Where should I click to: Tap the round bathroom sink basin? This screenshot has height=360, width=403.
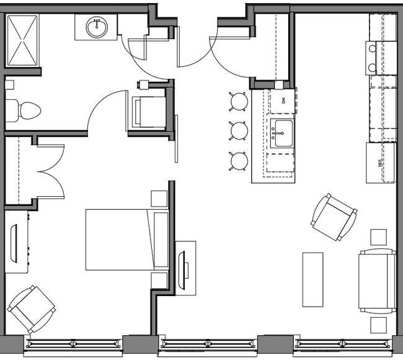pos(95,27)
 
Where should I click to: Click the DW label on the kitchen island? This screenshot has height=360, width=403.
pos(283,101)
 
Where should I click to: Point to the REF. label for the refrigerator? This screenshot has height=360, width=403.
pos(379,164)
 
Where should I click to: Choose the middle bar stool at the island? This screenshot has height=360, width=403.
pos(239,130)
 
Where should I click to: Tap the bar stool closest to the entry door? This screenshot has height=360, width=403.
pos(239,101)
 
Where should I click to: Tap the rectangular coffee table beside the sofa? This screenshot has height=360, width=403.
pos(312,279)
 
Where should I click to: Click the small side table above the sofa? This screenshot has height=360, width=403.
pos(378,237)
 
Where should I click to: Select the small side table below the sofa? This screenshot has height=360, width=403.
pos(378,325)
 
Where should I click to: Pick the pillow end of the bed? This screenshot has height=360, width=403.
pos(160,239)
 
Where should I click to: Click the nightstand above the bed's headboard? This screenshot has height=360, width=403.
pos(159,199)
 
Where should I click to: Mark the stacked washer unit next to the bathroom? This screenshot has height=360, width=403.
pos(148,110)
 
